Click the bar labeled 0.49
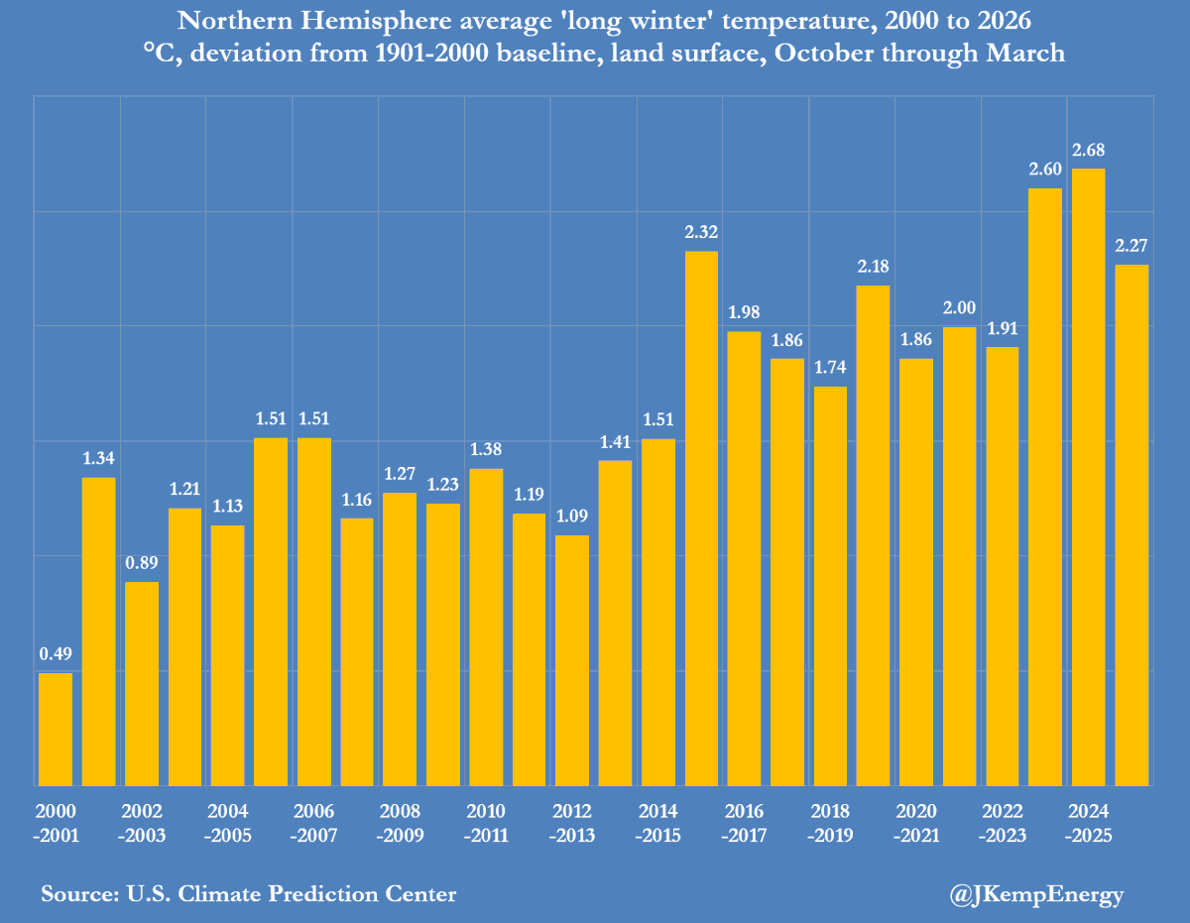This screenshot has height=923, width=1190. [56, 729]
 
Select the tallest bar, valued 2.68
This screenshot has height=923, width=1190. [1089, 477]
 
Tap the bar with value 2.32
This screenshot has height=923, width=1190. [701, 519]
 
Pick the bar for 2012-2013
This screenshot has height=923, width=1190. [572, 660]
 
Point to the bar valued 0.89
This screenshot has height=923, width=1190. [142, 683]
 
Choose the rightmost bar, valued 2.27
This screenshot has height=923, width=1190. [1131, 524]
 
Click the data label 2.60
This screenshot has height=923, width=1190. [1045, 170]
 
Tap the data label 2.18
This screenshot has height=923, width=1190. [873, 267]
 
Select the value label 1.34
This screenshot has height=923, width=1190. [98, 459]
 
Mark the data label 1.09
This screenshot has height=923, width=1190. [572, 517]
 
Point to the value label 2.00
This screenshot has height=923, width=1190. [959, 308]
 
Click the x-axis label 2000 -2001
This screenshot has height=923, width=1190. [56, 822]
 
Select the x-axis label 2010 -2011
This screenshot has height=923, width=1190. [486, 822]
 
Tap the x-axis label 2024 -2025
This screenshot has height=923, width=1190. [1089, 822]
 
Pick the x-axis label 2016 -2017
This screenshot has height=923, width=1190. [744, 822]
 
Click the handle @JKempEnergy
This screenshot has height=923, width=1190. [1036, 894]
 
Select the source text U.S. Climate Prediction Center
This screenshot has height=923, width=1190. [292, 893]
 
